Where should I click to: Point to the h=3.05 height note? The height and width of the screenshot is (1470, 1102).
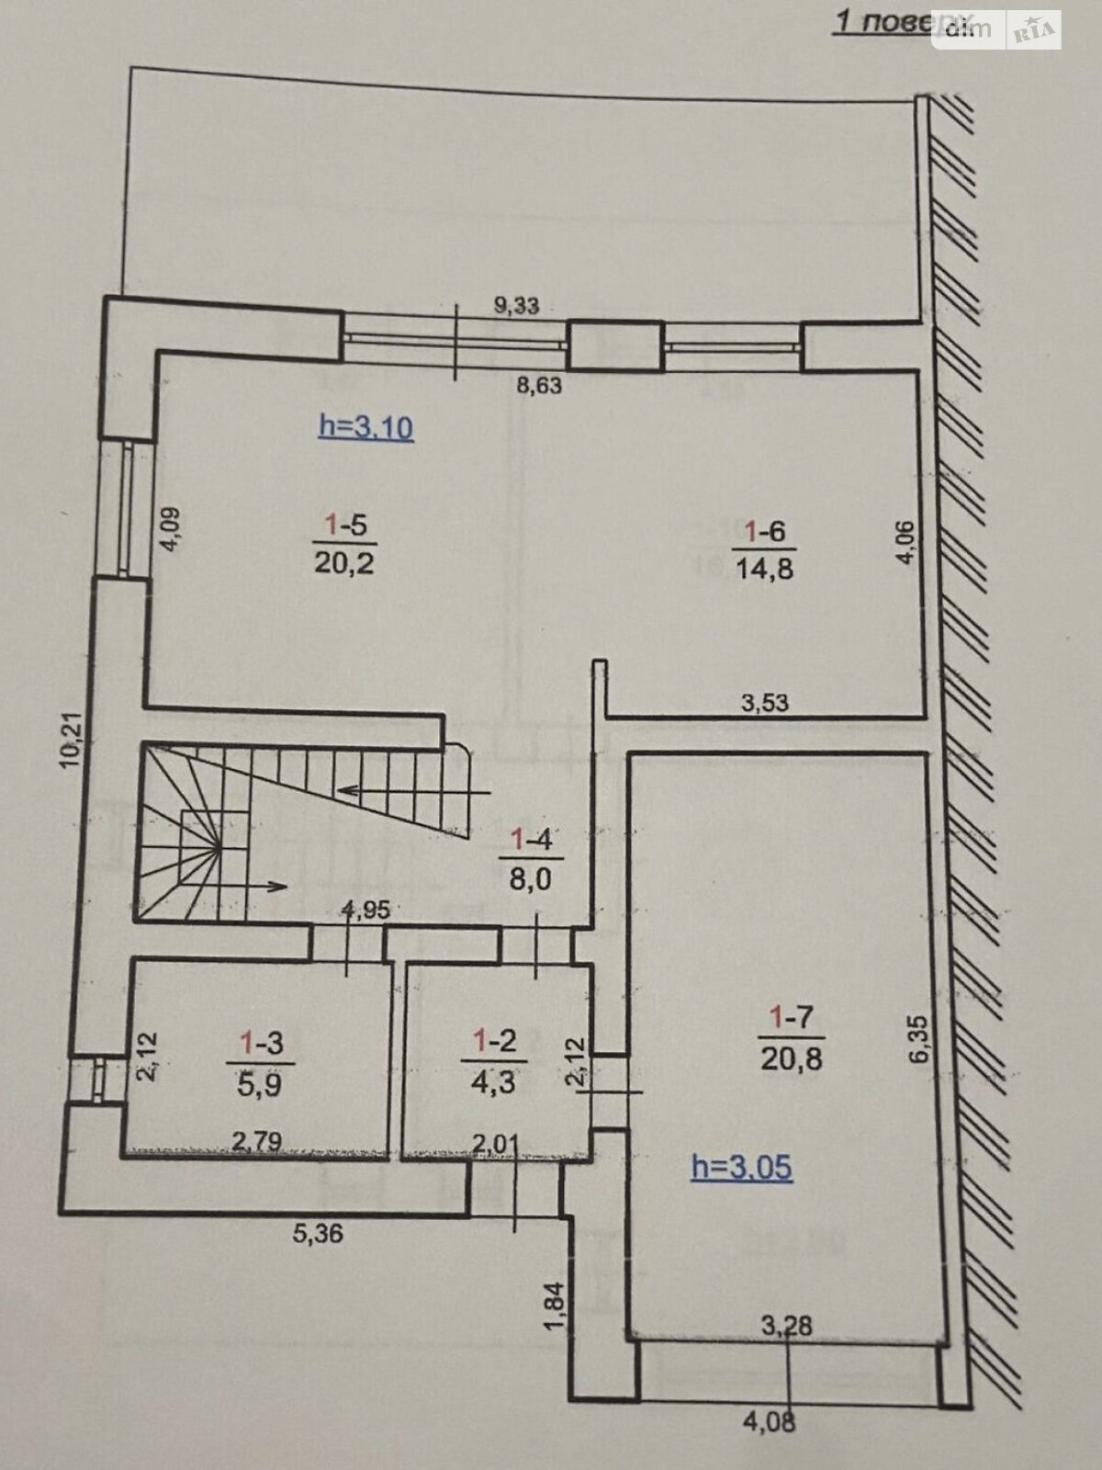pos(741,1168)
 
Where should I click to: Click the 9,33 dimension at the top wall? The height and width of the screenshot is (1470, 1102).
pos(516,306)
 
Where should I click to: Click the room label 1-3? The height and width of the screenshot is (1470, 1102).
pos(260,1042)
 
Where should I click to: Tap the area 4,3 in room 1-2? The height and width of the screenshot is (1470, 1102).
pos(493,1082)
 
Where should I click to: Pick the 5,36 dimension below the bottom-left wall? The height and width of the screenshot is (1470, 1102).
pos(318,1232)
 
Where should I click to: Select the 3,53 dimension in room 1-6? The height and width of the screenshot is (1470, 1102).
pos(764,704)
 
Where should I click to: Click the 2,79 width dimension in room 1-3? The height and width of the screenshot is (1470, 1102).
pos(256,1141)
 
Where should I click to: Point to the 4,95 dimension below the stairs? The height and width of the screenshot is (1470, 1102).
pos(365,910)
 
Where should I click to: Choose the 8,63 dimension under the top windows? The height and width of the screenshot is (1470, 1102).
pos(539,385)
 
